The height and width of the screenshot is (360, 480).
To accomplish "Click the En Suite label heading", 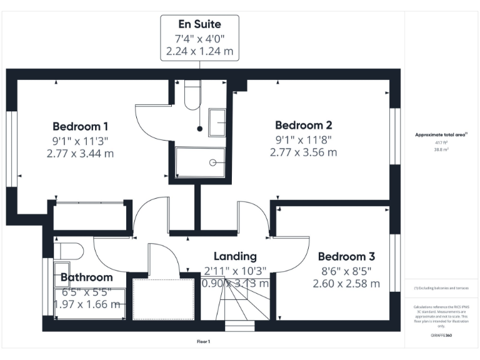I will pos(199,24).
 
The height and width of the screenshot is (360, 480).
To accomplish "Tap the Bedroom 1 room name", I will pos(80,125).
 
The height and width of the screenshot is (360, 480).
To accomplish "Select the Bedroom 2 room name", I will pos(303,125).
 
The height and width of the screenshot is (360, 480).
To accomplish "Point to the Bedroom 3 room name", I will pos(346,256).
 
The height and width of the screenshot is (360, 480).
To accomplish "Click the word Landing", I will pos(235,256).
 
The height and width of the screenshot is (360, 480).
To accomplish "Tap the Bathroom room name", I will pos(87,277).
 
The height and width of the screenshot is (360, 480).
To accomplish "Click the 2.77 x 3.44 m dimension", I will pos(80,152).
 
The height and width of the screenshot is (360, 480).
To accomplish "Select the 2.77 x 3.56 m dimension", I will pos(303,152).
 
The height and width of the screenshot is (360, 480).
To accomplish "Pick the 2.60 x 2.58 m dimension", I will pos(346,284).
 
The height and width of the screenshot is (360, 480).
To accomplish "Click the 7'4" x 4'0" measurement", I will pos(199,38).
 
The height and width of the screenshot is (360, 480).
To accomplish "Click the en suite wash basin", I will pos(217,122).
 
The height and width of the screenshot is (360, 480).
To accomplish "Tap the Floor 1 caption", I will pos(203,341).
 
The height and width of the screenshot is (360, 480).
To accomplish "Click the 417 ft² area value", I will pos(441,143).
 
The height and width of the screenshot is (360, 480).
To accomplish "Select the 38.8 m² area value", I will pos(441,150).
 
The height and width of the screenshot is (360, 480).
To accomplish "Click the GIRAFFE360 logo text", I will pos(441,336).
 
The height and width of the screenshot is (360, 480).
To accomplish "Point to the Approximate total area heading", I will pos(441,135).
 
